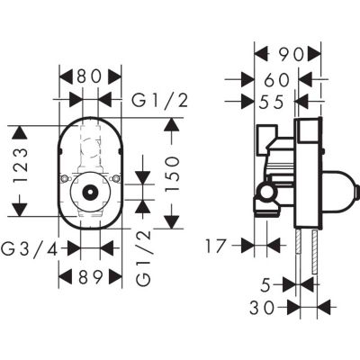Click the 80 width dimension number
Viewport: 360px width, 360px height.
89,78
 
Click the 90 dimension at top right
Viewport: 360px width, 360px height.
286,53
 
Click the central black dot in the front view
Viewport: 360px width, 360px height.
90,192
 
